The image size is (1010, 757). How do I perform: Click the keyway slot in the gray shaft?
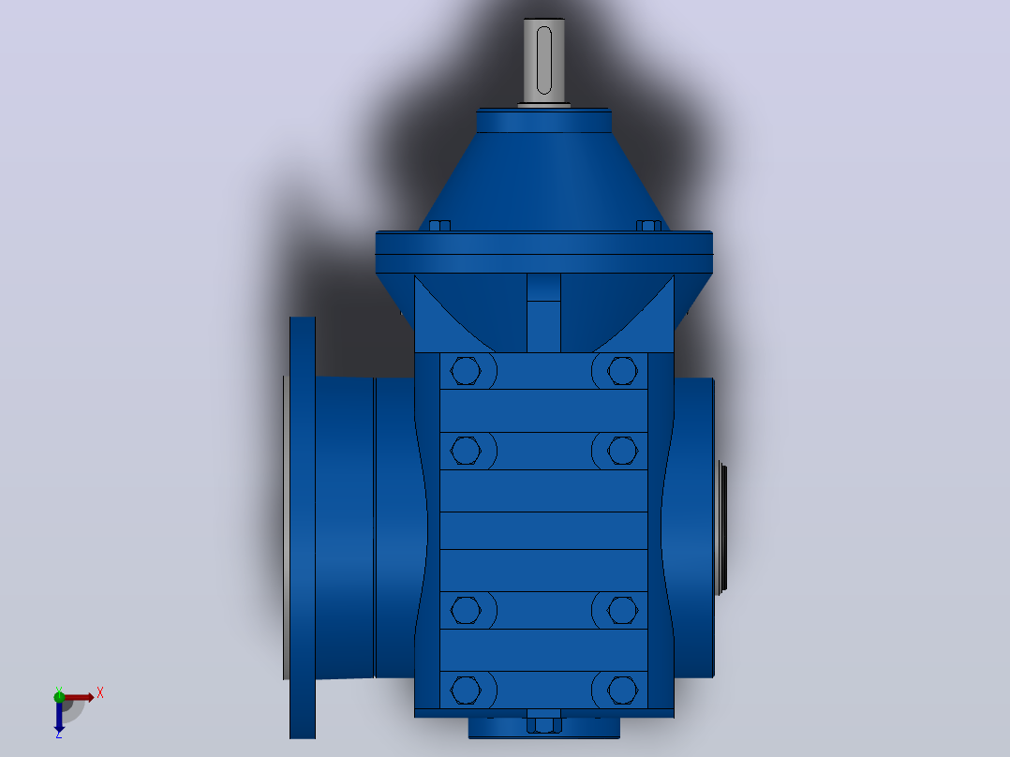click(544, 60)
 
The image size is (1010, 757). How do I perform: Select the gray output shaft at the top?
click(544, 61)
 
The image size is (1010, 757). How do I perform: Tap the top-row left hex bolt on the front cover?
click(466, 371)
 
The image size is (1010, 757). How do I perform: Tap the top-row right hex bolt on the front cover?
click(622, 371)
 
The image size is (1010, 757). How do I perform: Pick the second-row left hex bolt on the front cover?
click(466, 451)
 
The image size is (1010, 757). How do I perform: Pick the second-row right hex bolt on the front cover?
click(622, 451)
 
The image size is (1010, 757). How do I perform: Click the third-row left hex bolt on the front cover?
click(466, 610)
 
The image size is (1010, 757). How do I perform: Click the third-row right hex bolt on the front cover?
click(622, 610)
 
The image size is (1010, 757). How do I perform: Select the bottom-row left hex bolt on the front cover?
click(466, 690)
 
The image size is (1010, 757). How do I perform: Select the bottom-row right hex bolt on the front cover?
click(622, 690)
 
